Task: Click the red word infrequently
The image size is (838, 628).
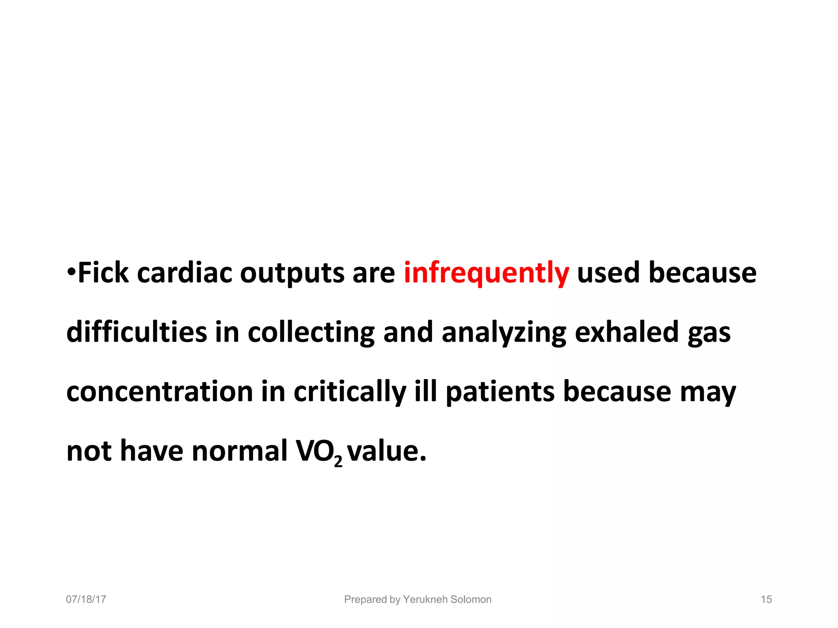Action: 486,273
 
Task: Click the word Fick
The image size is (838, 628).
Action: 103,273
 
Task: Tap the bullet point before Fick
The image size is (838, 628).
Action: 71,271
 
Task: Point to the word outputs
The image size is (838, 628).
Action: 292,273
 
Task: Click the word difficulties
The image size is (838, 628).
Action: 136,332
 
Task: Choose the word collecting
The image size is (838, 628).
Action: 311,332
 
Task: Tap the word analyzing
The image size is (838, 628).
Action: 504,332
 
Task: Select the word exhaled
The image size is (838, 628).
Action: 627,332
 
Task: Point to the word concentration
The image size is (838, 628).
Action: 160,392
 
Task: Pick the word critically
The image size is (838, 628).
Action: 350,392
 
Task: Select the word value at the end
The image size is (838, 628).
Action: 386,451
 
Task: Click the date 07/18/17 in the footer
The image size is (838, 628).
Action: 86,599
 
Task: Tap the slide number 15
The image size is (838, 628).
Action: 766,599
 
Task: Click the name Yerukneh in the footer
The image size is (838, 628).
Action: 425,599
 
